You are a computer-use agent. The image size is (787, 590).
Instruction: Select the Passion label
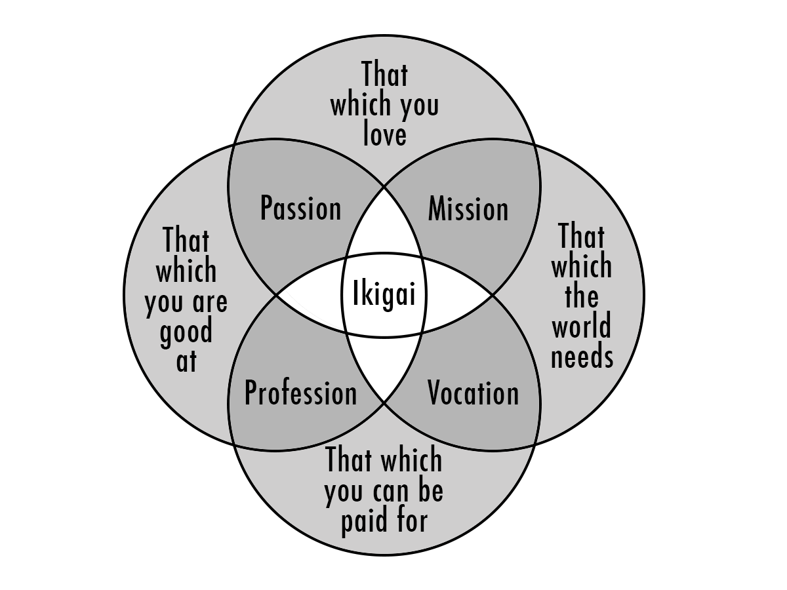301,208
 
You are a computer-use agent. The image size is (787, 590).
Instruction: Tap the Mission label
468,208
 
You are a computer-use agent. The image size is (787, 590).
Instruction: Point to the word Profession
301,393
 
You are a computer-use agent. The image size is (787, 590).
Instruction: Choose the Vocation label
474,393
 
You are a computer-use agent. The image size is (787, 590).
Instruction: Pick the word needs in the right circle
582,357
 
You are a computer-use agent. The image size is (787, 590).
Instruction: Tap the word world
582,325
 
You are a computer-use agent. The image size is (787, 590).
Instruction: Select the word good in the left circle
186,332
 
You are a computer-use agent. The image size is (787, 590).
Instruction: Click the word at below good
186,361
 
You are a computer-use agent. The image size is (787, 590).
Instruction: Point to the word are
210,302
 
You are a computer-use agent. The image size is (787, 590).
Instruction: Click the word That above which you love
385,74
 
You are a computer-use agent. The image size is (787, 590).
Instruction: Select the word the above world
582,296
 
